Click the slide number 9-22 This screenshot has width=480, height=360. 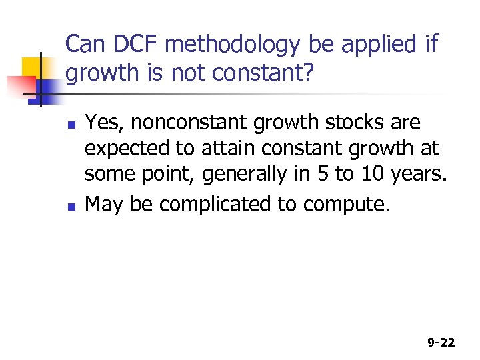pos(441,343)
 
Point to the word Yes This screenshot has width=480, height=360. pos(102,123)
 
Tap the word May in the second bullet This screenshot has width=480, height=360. pos(105,204)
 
